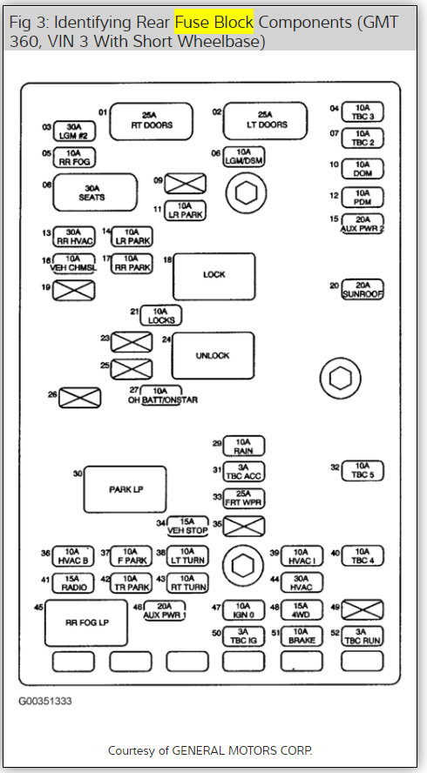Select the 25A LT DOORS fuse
(266, 120)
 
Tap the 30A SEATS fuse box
(95, 192)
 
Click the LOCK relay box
(213, 275)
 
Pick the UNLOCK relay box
(213, 355)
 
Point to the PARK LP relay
(125, 489)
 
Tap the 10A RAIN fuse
(244, 447)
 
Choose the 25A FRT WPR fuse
(244, 499)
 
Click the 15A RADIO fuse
(74, 582)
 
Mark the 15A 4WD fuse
(302, 610)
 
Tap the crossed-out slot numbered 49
(363, 610)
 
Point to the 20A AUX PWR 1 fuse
(170, 610)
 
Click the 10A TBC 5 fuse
(363, 470)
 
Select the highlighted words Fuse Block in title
(215, 20)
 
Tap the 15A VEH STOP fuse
(187, 526)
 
